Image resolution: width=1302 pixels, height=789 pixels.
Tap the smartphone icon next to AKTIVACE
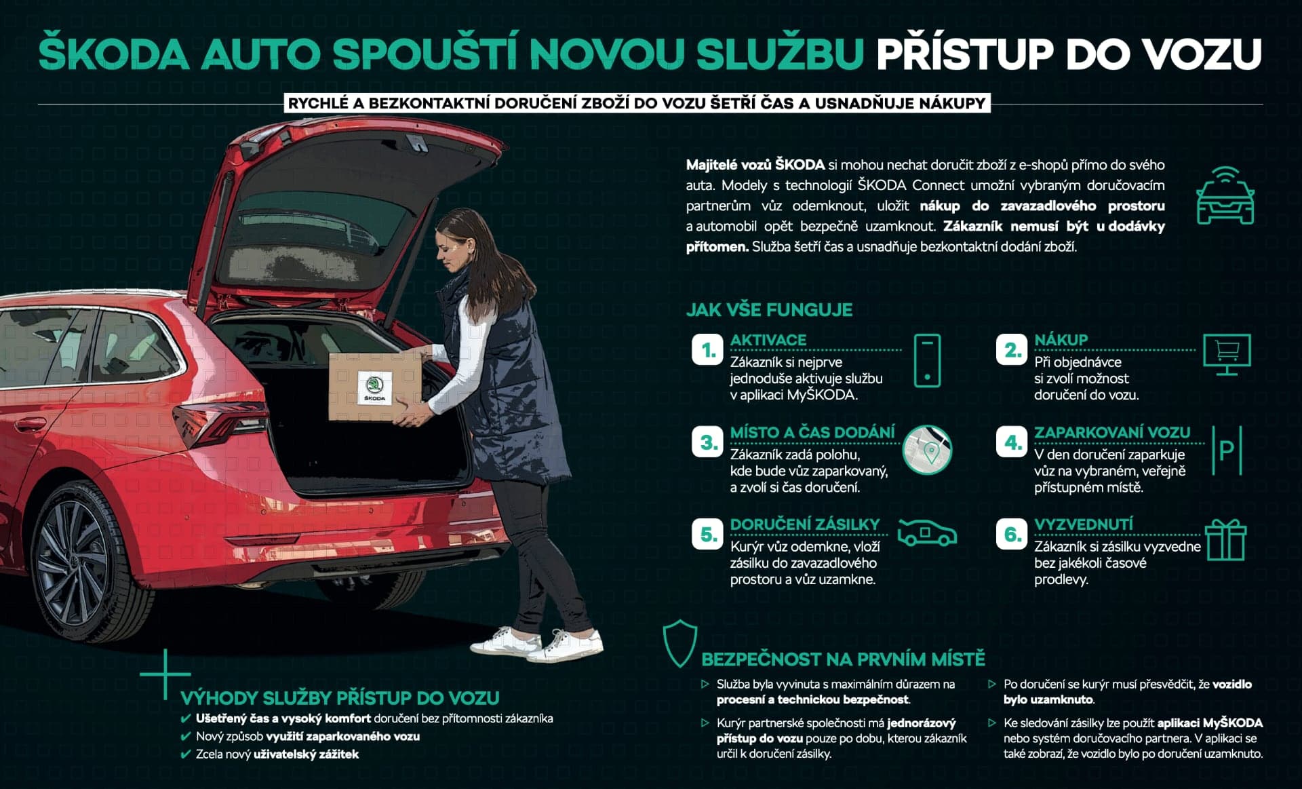[927, 360]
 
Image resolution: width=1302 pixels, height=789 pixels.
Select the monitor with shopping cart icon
[1227, 354]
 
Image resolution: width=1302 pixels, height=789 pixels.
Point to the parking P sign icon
[1226, 450]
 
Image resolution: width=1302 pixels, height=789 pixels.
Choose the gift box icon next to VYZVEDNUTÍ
[1226, 540]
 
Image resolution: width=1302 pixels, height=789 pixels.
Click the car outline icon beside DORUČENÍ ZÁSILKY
[927, 533]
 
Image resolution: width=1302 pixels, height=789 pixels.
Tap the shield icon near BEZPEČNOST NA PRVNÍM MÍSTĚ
[680, 642]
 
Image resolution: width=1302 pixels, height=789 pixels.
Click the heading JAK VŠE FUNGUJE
[769, 310]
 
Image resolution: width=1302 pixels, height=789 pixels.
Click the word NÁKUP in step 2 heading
[1061, 340]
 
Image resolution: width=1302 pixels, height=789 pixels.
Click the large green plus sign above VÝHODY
[165, 674]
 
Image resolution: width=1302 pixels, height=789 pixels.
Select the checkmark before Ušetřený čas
[186, 718]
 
